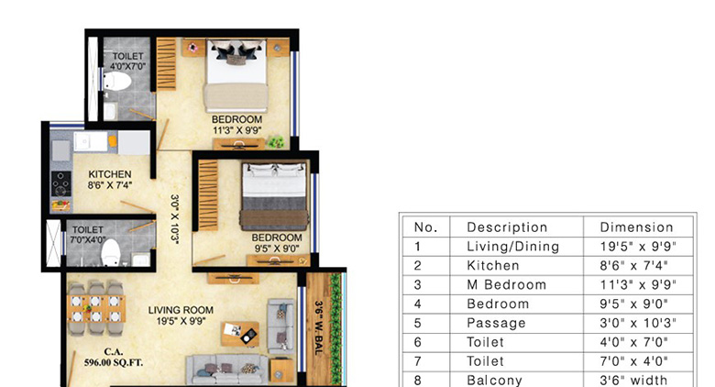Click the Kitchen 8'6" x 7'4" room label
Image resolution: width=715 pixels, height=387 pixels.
point(110,180)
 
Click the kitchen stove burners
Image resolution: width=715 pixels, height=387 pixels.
point(61,187)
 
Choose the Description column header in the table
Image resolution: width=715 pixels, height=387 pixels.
point(507,227)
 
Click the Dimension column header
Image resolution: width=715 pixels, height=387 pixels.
point(636,227)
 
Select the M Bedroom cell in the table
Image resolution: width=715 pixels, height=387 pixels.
point(506,284)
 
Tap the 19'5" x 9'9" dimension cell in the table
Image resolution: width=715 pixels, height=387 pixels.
point(636,247)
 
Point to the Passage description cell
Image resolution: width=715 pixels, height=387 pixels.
point(496,323)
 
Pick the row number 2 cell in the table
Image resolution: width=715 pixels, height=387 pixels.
point(418,266)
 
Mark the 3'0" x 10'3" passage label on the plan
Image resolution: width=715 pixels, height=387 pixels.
point(173,216)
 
